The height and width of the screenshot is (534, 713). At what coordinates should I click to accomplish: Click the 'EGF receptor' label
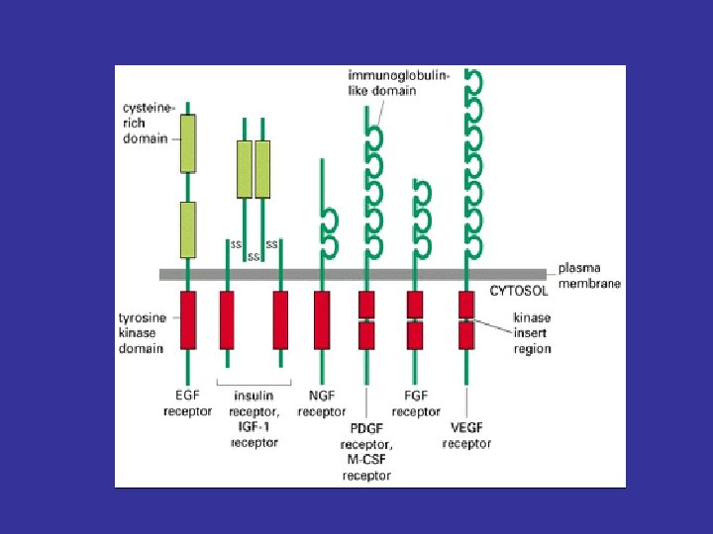(x=187, y=403)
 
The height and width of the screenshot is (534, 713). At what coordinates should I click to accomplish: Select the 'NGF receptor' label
(x=322, y=403)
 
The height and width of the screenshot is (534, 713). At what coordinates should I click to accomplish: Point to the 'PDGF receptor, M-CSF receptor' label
(x=366, y=452)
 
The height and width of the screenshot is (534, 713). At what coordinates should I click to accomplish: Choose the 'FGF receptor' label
(x=416, y=403)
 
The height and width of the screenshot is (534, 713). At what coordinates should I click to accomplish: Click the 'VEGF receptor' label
(x=466, y=436)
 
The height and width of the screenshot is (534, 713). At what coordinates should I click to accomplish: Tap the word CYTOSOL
(x=518, y=291)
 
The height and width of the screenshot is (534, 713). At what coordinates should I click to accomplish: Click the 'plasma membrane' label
(x=589, y=276)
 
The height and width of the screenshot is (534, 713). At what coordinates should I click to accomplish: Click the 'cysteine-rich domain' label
(x=146, y=123)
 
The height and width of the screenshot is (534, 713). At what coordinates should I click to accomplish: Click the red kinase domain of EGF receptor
(x=187, y=319)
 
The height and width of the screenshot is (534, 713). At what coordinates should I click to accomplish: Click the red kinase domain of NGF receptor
(x=321, y=319)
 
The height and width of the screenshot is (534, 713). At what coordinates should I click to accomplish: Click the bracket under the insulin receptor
(x=255, y=384)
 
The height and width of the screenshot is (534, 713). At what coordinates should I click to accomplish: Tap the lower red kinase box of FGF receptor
(x=415, y=336)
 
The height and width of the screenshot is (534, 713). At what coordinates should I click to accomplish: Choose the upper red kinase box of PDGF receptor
(x=366, y=304)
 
